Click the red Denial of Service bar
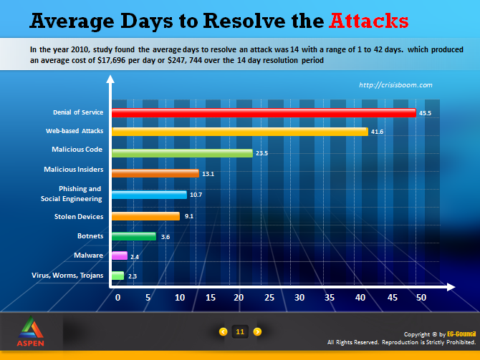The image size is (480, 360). click(x=264, y=113)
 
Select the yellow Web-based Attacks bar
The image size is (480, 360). click(x=240, y=132)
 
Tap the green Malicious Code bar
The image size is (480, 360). click(x=182, y=153)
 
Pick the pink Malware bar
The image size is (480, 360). click(x=120, y=256)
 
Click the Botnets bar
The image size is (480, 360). click(x=134, y=236)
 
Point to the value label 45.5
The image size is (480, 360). click(x=425, y=113)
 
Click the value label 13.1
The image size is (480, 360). click(x=208, y=174)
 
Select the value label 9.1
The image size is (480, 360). click(x=189, y=216)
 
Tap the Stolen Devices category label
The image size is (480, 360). click(x=79, y=217)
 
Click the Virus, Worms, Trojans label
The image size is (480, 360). click(x=67, y=276)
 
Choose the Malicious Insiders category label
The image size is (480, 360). click(x=74, y=170)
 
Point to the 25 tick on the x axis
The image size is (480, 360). click(x=269, y=298)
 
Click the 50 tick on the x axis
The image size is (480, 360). click(x=421, y=298)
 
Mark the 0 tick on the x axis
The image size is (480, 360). click(x=118, y=298)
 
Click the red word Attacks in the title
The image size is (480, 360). click(x=368, y=21)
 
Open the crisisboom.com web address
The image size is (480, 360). click(x=395, y=85)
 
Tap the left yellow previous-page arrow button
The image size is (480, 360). click(x=223, y=331)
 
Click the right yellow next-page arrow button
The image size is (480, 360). click(x=257, y=331)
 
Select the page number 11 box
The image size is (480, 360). click(x=240, y=331)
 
